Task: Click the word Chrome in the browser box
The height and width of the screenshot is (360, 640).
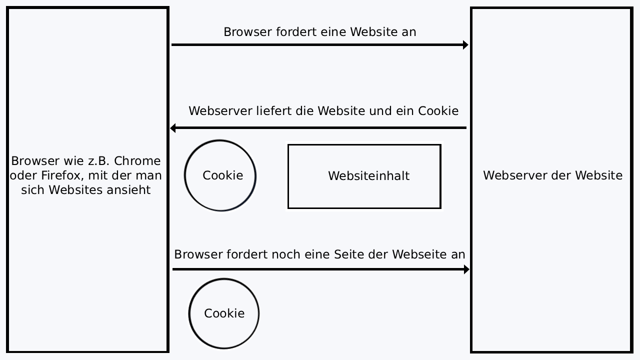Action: (x=137, y=161)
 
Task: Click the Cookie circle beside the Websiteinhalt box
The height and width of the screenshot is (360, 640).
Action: (x=220, y=175)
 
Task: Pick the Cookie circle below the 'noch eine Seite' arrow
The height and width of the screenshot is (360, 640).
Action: (x=224, y=313)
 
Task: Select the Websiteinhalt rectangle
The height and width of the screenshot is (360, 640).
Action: (x=364, y=176)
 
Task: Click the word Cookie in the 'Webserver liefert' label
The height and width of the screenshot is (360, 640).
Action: (x=438, y=110)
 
